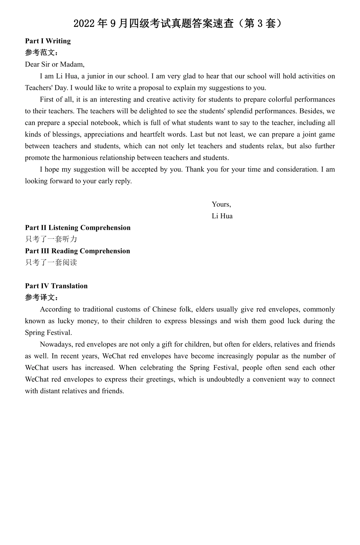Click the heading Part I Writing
(x=48, y=41)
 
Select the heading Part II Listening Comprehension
(x=78, y=227)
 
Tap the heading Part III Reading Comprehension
(x=77, y=251)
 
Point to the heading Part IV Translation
(x=56, y=286)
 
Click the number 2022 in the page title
(x=84, y=23)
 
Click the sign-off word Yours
(x=221, y=204)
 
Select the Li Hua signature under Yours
(x=222, y=216)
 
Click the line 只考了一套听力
(x=51, y=239)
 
